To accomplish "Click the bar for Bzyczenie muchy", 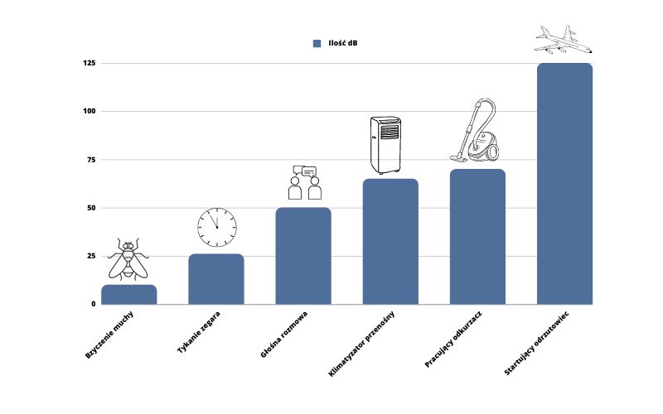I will (x=128, y=294).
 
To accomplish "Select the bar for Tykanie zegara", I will (x=216, y=279).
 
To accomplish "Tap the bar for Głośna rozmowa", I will (x=303, y=256).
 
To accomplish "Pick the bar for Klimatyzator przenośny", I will (x=390, y=242).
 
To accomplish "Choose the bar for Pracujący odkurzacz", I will (x=477, y=237).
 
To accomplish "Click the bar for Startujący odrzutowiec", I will (x=564, y=184).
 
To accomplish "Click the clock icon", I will (x=217, y=227).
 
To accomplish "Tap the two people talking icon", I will (x=304, y=183).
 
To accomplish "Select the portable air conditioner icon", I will (x=385, y=145).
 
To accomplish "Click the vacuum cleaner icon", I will (x=478, y=132).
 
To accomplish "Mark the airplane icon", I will (x=564, y=40).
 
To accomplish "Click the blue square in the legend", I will (x=317, y=44).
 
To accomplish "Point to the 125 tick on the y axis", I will (x=90, y=63).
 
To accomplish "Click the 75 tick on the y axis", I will (x=91, y=159).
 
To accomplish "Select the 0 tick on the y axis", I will (x=93, y=304).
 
